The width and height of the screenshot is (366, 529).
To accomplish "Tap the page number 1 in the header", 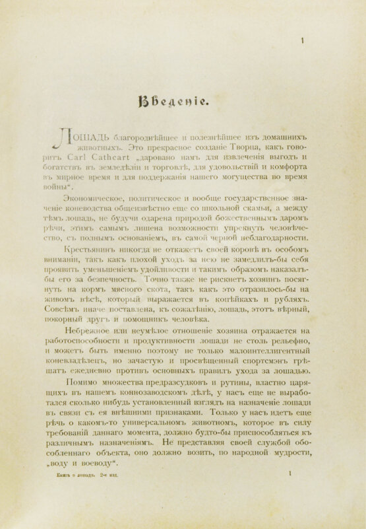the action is point(301,41).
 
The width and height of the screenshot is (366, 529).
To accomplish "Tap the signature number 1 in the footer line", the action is point(291,511).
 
